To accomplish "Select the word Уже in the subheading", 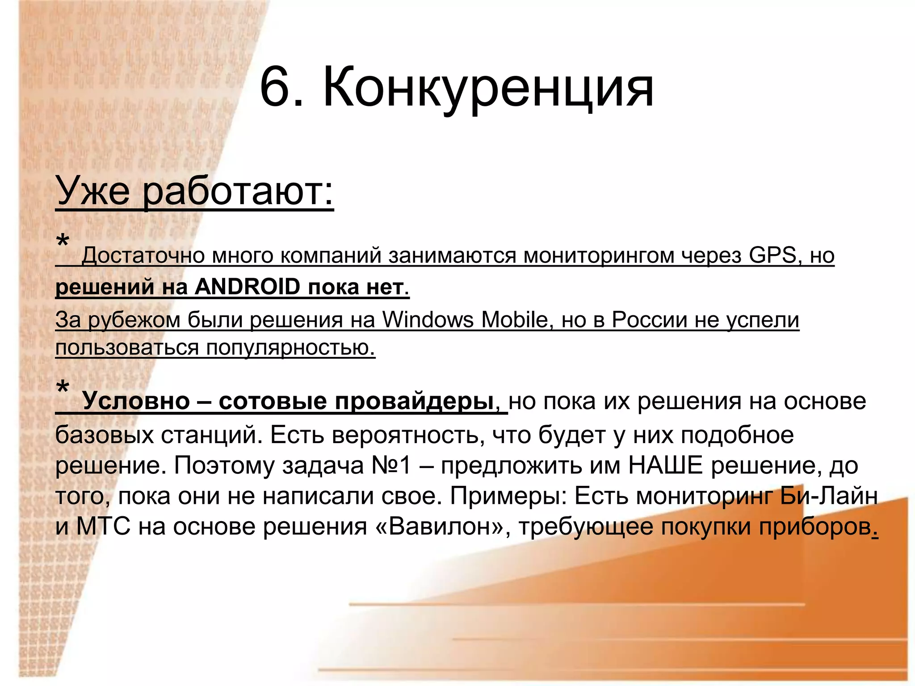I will click(93, 191).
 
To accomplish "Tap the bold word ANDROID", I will click(247, 287).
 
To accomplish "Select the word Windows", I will click(428, 320).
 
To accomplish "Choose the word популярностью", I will click(290, 347).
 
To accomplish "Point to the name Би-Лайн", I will click(829, 496).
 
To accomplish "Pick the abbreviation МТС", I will click(103, 527).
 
